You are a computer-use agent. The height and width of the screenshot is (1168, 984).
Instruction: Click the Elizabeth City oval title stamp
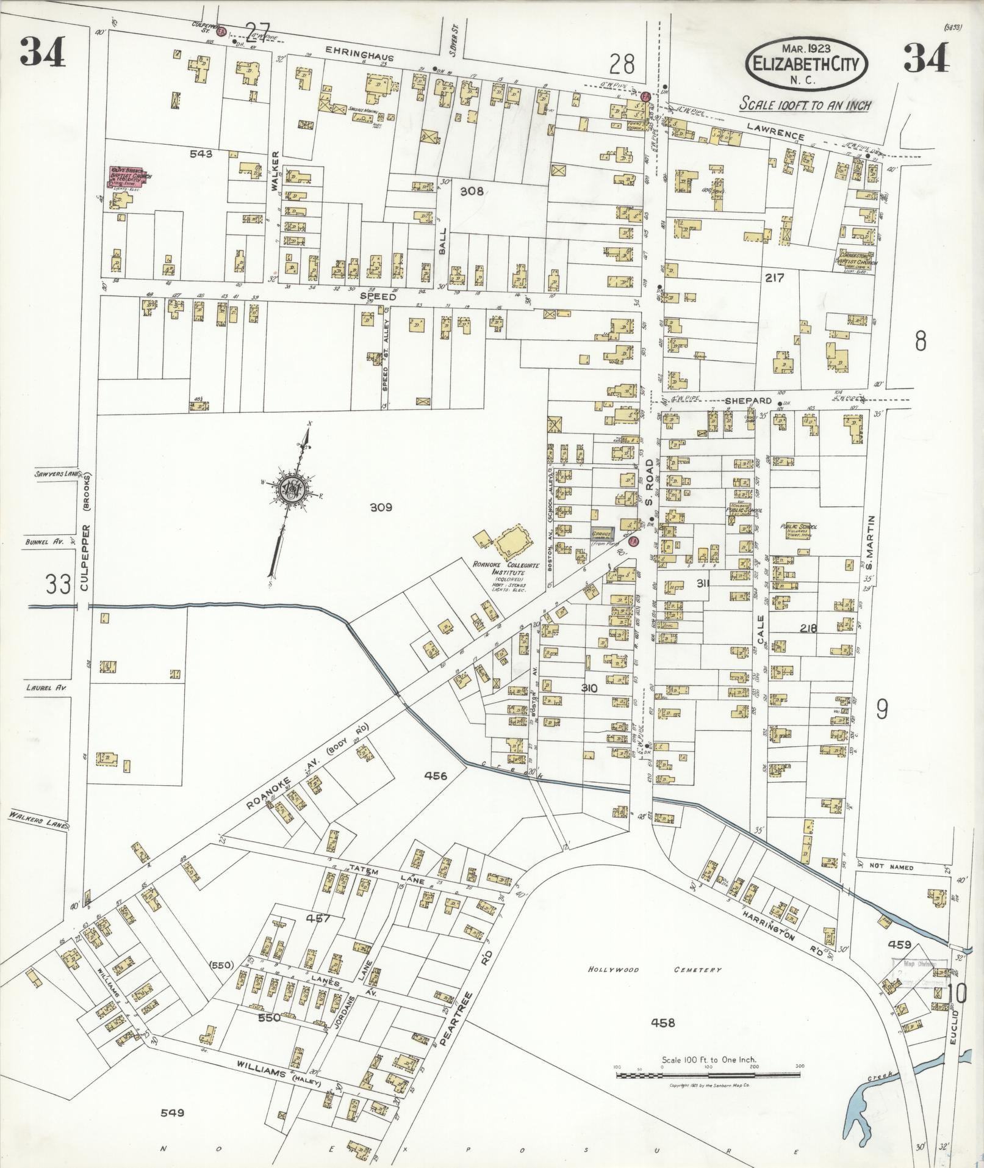point(805,63)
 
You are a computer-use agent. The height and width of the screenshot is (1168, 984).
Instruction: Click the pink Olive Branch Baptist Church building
point(127,176)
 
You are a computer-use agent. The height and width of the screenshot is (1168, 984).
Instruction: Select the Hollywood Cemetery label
point(655,969)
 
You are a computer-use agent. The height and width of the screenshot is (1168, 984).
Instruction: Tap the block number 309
point(380,507)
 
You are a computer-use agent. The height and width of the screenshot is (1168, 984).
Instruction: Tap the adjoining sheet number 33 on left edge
point(59,585)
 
